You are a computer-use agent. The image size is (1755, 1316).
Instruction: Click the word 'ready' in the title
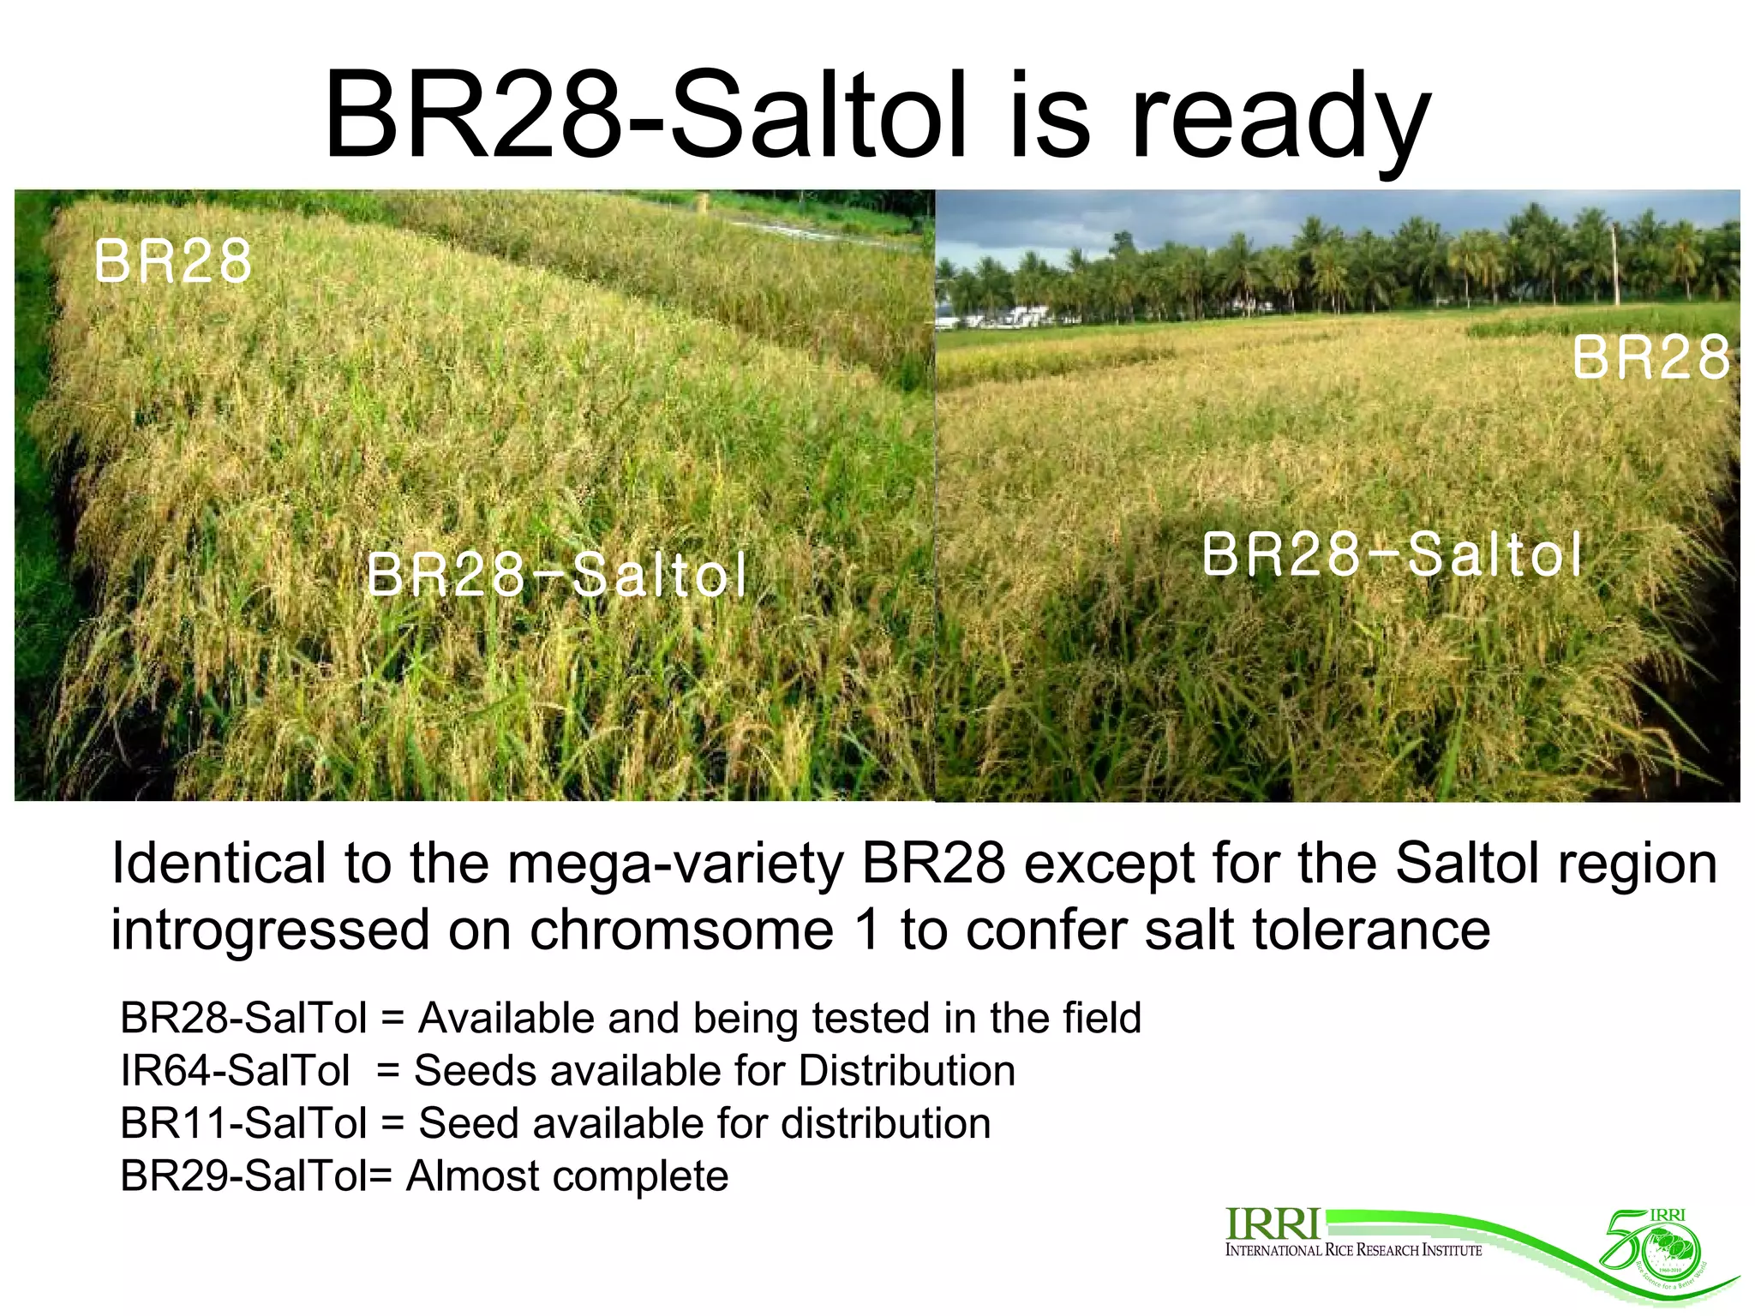(x=1281, y=120)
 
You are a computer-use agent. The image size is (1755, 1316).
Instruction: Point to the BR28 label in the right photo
(x=1650, y=358)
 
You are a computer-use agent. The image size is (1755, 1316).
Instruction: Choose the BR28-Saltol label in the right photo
(x=1392, y=555)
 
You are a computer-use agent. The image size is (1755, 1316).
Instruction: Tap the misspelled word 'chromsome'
(x=681, y=930)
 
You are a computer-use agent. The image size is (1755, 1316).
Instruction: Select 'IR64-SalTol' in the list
(x=235, y=1071)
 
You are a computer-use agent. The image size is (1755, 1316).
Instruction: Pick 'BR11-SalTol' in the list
(x=244, y=1123)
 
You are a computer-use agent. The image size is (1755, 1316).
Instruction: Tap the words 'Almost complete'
(x=567, y=1175)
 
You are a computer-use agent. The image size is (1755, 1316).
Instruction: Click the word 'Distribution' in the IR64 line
(x=907, y=1071)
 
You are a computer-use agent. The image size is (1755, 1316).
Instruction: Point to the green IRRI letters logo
(x=1272, y=1223)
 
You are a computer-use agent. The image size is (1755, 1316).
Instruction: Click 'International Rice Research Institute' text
(x=1353, y=1251)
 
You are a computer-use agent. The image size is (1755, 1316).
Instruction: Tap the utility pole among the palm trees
(x=1616, y=266)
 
